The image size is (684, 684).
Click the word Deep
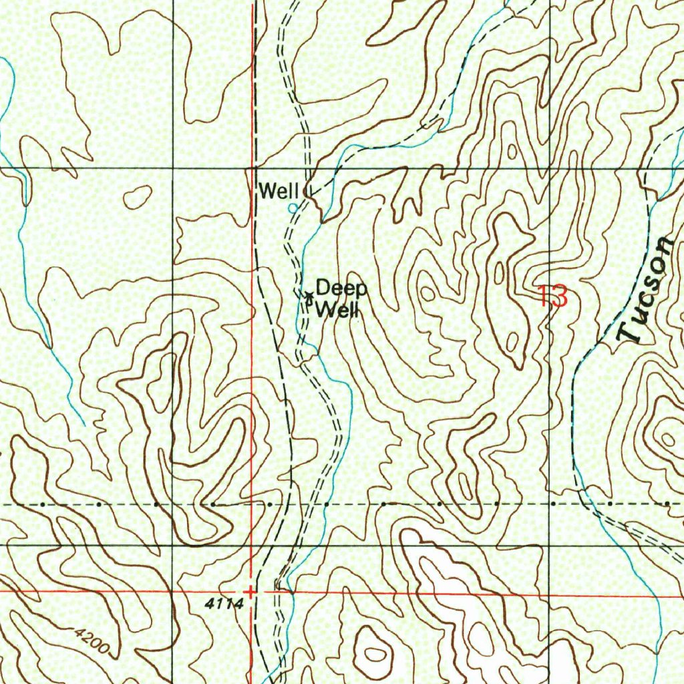341,290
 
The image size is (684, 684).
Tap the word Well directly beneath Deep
337,310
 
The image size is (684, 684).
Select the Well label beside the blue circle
278,192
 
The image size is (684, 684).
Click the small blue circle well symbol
292,208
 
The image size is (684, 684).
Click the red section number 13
553,296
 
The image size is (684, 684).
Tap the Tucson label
645,291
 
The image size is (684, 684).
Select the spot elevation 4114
220,603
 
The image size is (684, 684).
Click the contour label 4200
91,639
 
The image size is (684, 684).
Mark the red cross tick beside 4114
250,592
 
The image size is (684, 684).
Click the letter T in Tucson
630,332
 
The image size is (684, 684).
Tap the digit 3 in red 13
560,296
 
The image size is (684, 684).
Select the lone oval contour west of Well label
138,196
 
